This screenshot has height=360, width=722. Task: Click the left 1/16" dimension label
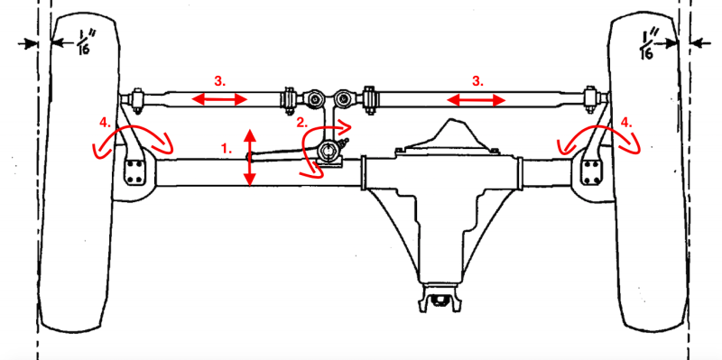(82, 43)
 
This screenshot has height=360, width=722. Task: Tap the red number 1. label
(227, 149)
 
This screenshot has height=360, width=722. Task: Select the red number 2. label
(301, 123)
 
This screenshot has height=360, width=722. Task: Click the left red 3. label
(220, 81)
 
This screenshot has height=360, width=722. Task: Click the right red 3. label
(477, 81)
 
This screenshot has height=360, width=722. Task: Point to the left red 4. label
(106, 123)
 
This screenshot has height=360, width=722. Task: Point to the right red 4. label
(627, 123)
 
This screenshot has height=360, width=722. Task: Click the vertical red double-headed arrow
(250, 157)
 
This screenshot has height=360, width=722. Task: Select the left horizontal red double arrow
(219, 99)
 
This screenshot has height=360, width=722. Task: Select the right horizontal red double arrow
(477, 100)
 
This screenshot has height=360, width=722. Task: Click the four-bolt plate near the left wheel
(134, 172)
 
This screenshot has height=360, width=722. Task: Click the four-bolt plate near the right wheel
(590, 172)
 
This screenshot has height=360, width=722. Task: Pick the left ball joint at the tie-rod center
(315, 98)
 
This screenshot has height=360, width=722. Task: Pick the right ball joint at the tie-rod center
(342, 98)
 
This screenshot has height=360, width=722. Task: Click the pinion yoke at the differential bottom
(437, 299)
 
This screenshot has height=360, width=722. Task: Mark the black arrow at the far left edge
(27, 43)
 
